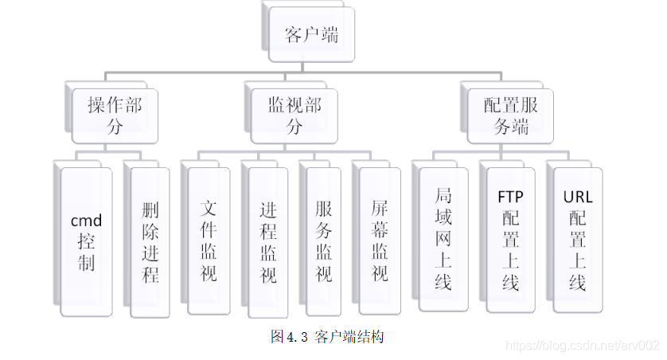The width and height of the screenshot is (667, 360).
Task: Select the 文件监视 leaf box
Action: click(x=209, y=241)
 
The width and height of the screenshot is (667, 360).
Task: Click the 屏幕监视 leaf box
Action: click(x=380, y=241)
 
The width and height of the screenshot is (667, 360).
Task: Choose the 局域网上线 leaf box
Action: click(x=443, y=238)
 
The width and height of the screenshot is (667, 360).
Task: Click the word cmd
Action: click(x=87, y=220)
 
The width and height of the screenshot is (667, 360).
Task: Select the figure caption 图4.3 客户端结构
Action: click(x=327, y=337)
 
